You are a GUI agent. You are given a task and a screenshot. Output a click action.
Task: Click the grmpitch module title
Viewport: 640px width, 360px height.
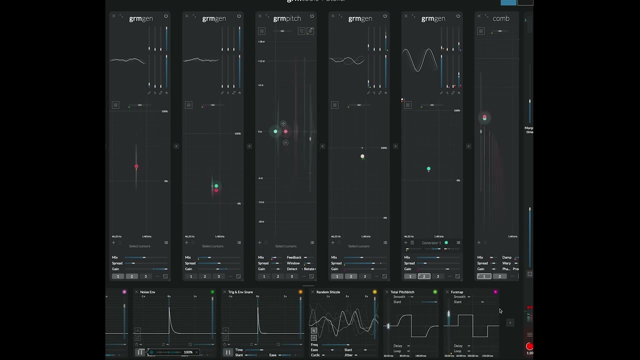coord(287,18)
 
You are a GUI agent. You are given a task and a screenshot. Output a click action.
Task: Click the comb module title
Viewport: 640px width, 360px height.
coord(501,18)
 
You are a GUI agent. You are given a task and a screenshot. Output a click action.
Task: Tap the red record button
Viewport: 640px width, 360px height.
coord(529,346)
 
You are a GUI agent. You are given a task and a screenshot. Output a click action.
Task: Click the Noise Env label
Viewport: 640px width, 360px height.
coord(147,292)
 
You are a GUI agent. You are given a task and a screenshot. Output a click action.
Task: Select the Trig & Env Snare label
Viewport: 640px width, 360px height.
coord(240,292)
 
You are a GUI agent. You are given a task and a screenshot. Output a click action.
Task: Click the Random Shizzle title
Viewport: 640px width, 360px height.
coord(328,292)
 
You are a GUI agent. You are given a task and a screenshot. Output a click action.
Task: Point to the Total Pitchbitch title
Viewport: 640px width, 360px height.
coord(402,292)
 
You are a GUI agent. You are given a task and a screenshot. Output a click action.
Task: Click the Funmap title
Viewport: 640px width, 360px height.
coord(457,292)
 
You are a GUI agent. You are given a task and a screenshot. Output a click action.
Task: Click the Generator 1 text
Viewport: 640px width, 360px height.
coord(431,243)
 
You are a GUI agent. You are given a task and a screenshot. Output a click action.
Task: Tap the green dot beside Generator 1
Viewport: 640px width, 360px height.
coord(446,243)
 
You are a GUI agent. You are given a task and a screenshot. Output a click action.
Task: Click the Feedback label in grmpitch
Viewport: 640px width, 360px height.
coord(294,257)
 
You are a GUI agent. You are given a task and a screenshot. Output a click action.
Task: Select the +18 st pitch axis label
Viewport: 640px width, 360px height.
coord(261,41)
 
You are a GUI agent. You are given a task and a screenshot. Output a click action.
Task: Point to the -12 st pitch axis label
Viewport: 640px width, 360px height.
coord(261,202)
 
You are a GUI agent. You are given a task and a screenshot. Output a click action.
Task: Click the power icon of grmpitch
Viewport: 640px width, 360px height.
coord(312,16)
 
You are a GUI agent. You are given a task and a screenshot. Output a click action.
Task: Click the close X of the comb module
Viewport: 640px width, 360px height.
coord(479,16)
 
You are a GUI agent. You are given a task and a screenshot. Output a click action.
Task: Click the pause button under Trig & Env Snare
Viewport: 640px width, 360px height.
coord(228,352)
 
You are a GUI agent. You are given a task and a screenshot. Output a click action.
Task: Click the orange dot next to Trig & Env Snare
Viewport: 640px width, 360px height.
coord(300,292)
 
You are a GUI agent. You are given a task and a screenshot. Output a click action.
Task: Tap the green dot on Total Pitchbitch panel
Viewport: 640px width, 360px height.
coord(435,292)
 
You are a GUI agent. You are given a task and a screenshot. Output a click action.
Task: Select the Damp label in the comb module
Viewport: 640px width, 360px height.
coord(507,257)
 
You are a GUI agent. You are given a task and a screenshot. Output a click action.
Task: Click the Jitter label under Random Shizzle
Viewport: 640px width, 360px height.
coord(348,355)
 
